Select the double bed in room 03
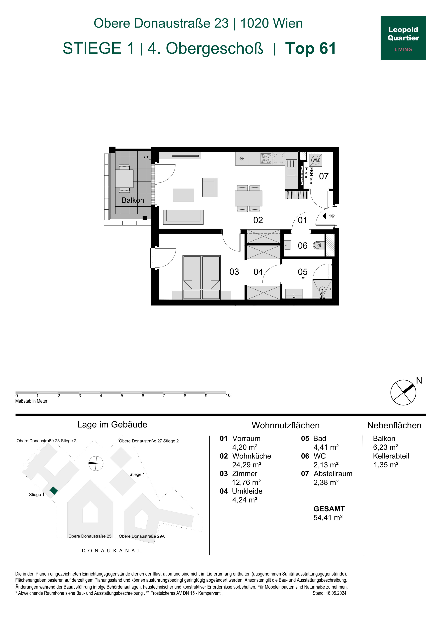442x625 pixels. click(x=202, y=277)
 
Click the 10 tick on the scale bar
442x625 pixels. click(x=228, y=395)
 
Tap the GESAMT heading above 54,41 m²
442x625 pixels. click(x=329, y=509)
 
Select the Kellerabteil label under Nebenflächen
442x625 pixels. click(x=391, y=456)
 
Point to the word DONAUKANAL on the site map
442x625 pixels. click(x=111, y=550)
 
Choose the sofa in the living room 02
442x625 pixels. click(x=183, y=217)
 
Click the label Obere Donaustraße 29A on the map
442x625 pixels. click(x=142, y=536)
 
